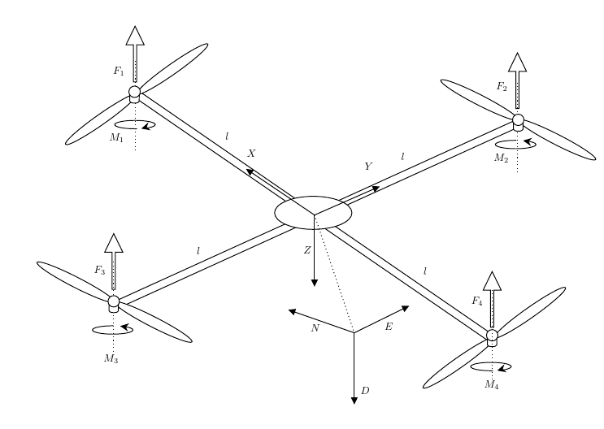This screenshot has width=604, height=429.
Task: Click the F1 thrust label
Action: click(119, 71)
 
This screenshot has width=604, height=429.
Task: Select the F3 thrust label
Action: click(99, 270)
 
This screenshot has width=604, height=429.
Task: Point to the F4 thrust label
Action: click(477, 301)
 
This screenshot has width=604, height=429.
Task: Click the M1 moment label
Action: click(116, 138)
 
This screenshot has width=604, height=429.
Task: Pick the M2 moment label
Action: click(500, 158)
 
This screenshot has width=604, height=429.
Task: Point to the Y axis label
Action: click(367, 166)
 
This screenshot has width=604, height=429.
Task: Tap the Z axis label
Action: click(307, 251)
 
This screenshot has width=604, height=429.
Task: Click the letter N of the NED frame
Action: click(315, 328)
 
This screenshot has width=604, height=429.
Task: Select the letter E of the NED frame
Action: click(388, 327)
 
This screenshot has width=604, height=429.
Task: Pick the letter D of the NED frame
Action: click(365, 392)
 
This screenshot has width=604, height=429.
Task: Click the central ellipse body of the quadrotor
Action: click(313, 213)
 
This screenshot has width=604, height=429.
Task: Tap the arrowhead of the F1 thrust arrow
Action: click(135, 35)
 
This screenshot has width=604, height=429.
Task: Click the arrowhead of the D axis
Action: click(354, 398)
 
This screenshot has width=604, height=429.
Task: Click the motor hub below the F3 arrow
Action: click(114, 303)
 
